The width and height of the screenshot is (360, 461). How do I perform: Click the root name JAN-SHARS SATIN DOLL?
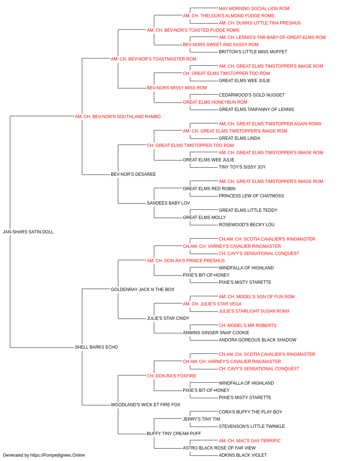coord(28,232)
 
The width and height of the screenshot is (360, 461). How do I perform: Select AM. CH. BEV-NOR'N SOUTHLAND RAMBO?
coord(118,117)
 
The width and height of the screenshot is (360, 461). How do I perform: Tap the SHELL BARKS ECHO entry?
coord(96,347)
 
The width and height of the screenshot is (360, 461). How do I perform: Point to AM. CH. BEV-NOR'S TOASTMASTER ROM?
coord(153,59)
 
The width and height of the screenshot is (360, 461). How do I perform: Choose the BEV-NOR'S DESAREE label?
coord(133,174)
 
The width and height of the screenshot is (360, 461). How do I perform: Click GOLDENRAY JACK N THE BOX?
coord(143,289)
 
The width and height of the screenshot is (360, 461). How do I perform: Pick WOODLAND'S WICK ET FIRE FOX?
coord(145,404)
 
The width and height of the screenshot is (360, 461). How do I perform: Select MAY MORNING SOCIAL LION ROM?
coord(254,9)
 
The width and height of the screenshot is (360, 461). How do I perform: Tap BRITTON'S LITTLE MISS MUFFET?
coord(253,52)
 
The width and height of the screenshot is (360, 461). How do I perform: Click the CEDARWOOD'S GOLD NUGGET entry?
coord(252,95)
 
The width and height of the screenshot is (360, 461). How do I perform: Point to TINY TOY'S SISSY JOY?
coord(242,167)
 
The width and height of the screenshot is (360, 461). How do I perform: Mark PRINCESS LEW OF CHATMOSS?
coord(251,196)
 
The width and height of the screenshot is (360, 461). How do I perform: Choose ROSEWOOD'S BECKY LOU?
coord(247,225)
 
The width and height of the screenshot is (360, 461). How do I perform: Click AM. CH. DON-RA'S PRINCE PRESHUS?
coord(186,260)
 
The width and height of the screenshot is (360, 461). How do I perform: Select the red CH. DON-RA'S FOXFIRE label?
coord(171,376)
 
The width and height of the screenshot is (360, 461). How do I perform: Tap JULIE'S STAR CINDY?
coord(168,318)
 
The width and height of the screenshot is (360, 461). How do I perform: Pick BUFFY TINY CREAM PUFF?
coord(174,433)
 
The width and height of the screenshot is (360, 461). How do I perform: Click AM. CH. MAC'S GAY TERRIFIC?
coord(250,440)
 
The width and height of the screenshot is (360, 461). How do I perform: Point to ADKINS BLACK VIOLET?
coord(243,455)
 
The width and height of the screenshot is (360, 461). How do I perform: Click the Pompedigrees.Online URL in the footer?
coord(57,455)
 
